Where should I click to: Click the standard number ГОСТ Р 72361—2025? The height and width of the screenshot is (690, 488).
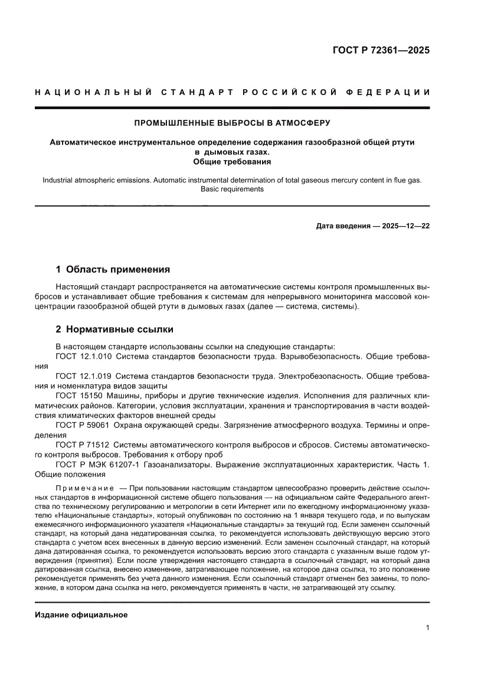pyautogui.click(x=381, y=50)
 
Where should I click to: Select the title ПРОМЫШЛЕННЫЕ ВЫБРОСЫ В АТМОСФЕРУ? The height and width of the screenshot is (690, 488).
pyautogui.click(x=232, y=123)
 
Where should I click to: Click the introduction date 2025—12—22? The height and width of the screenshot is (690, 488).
pyautogui.click(x=398, y=226)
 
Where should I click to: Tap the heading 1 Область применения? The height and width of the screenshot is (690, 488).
pyautogui.click(x=113, y=269)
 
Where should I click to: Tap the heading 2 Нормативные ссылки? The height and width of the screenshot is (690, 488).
pyautogui.click(x=114, y=329)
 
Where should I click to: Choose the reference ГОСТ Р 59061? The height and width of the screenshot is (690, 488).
pyautogui.click(x=81, y=424)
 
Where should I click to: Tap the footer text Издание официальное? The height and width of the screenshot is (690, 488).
pyautogui.click(x=81, y=615)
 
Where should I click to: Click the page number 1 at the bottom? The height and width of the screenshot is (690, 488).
pyautogui.click(x=427, y=628)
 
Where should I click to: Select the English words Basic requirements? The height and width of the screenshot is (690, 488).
pyautogui.click(x=232, y=189)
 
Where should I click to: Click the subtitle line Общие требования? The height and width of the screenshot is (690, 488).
pyautogui.click(x=232, y=161)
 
